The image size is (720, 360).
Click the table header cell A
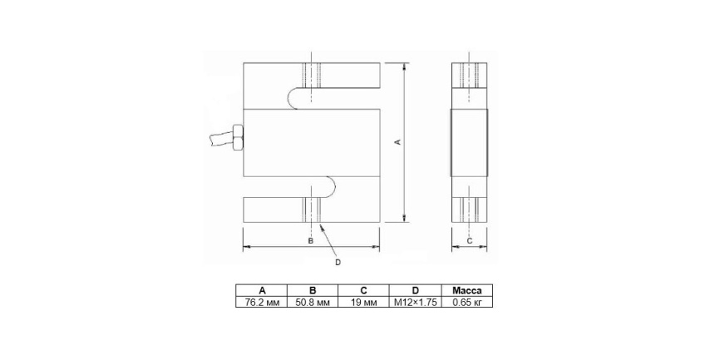tap(262, 290)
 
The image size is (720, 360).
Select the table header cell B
tap(313, 290)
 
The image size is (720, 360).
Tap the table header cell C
tap(363, 290)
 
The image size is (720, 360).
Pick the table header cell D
tap(415, 290)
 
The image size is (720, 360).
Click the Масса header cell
tap(467, 290)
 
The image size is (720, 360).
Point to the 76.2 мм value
tap(262, 302)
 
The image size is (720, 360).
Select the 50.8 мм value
tap(313, 302)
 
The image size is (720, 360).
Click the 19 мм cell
tap(363, 302)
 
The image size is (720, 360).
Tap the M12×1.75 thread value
tap(415, 302)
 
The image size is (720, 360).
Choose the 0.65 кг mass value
tap(467, 302)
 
